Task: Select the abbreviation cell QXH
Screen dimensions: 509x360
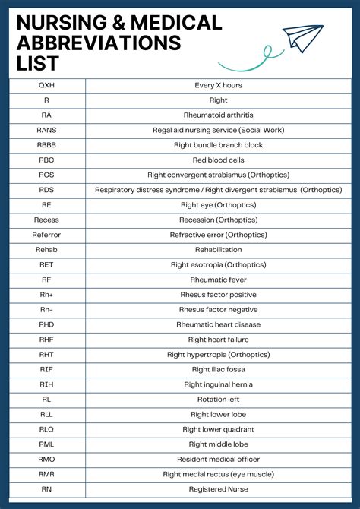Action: pos(46,85)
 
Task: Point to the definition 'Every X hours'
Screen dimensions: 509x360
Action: pos(218,85)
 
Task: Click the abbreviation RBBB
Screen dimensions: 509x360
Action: pos(46,145)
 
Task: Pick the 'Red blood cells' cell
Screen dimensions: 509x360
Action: pos(218,160)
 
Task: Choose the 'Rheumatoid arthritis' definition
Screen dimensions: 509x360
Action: pos(218,115)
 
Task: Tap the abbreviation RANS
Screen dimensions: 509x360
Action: pos(46,130)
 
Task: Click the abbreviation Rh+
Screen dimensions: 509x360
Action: pos(46,295)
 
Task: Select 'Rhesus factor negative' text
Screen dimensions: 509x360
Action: pos(218,310)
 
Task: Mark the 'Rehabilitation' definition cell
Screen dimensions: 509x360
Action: pos(218,250)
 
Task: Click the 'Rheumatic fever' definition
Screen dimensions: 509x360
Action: pos(218,280)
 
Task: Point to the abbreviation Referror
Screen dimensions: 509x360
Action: pos(46,235)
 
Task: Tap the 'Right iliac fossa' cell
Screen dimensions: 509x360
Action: pos(218,369)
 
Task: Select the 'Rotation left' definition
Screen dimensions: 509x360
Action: pos(218,400)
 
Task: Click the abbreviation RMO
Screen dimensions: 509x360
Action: pos(46,460)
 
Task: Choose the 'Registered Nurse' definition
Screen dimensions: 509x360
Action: pos(218,489)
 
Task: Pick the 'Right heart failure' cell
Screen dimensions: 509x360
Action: pos(218,340)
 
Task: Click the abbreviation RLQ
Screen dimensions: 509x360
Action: pos(46,429)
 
